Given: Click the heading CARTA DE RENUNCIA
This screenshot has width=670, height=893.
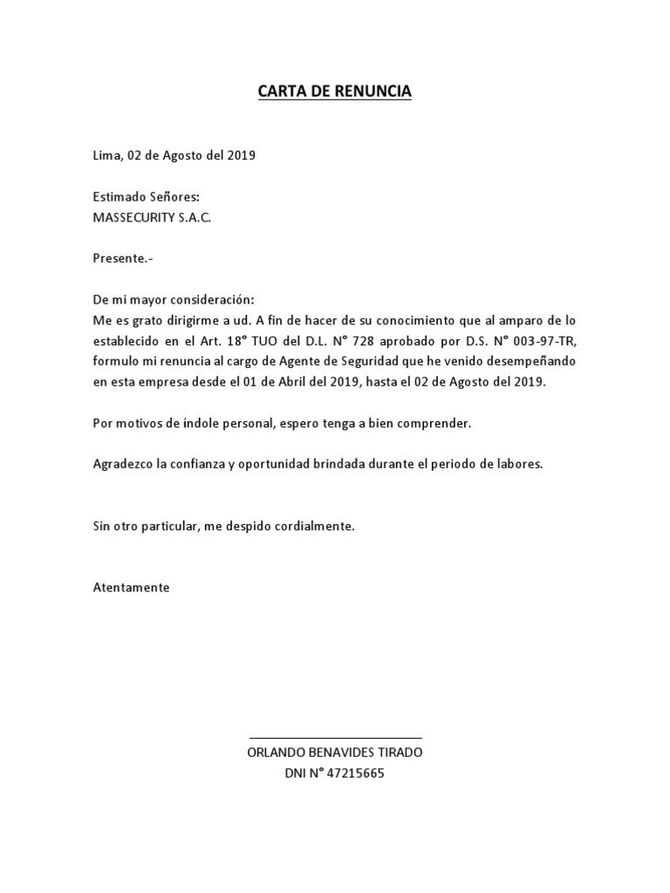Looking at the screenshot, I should click(x=334, y=91).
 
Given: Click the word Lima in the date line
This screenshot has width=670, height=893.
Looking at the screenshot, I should click(x=106, y=156).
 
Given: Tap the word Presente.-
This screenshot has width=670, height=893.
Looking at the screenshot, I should click(x=123, y=258).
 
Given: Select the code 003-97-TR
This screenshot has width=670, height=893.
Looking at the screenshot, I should click(x=546, y=340).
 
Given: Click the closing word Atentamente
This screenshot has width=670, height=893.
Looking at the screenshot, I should click(x=131, y=587).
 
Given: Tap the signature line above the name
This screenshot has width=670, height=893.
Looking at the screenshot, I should click(x=335, y=737).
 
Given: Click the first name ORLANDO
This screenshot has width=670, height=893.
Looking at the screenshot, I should click(x=276, y=753).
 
